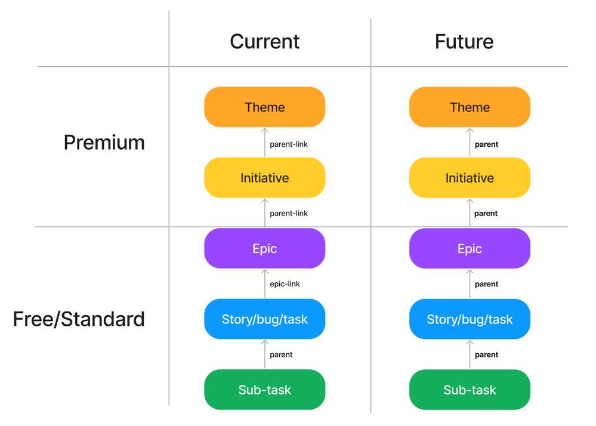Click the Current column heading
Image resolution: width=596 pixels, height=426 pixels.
[x=264, y=41]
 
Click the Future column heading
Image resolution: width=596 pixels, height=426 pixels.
[x=464, y=41]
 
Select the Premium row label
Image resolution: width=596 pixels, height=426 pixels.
[x=104, y=143]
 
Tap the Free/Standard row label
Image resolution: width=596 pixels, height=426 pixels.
[x=79, y=319]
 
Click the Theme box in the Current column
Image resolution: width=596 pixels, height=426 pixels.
[x=264, y=107]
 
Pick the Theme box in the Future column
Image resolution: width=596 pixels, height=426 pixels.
[x=470, y=107]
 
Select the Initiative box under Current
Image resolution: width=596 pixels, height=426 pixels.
[x=264, y=178]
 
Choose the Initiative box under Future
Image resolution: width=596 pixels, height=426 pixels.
[x=470, y=178]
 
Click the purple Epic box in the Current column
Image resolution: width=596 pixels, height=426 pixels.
[x=264, y=248]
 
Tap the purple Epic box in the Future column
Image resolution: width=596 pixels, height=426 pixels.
[x=470, y=248]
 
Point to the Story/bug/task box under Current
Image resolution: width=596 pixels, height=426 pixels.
[x=264, y=319]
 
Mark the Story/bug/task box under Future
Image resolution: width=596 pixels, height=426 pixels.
[x=470, y=319]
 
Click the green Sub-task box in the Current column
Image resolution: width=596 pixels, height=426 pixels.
[x=264, y=390]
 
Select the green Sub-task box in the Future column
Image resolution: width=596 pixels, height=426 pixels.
[x=470, y=390]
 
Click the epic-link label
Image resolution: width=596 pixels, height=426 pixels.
[x=285, y=284]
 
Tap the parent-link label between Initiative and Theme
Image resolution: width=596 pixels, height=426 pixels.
[x=289, y=144]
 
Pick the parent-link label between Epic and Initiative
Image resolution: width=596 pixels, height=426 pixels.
[x=289, y=213]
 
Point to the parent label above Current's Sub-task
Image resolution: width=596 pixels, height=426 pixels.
[x=281, y=354]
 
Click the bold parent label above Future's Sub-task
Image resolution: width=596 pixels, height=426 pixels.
[x=486, y=354]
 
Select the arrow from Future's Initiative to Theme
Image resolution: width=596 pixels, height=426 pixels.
[x=470, y=143]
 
